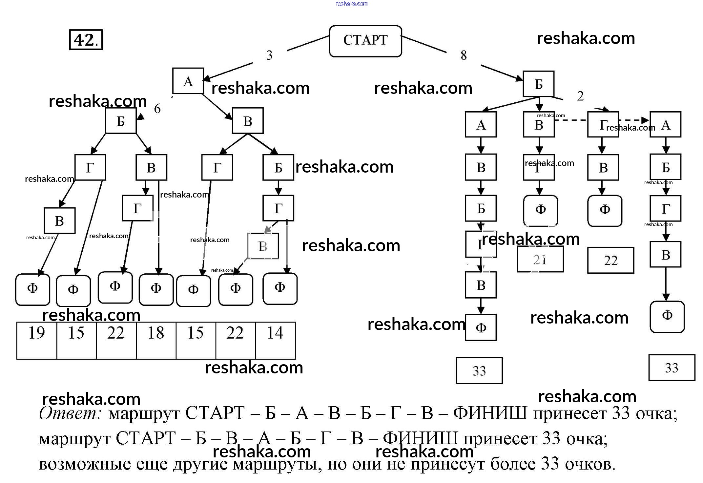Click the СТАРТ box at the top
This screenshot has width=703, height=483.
(365, 41)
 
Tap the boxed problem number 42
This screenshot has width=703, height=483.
(86, 40)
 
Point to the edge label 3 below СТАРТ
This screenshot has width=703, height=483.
(269, 55)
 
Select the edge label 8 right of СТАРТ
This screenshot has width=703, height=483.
(464, 55)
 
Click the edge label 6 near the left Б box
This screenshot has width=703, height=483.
(157, 109)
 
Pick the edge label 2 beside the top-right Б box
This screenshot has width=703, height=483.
(580, 96)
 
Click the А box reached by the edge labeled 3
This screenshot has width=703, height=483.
(188, 81)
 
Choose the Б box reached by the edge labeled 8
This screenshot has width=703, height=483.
(538, 84)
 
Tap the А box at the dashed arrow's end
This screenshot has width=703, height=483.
(665, 124)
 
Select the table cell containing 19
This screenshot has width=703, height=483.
(37, 340)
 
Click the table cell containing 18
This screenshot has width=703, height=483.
(156, 340)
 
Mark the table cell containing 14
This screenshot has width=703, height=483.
(275, 340)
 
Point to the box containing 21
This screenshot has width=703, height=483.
(540, 260)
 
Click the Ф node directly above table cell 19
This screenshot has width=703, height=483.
(32, 289)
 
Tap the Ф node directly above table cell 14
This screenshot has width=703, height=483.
(280, 288)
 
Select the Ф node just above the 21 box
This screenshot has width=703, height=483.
(540, 210)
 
